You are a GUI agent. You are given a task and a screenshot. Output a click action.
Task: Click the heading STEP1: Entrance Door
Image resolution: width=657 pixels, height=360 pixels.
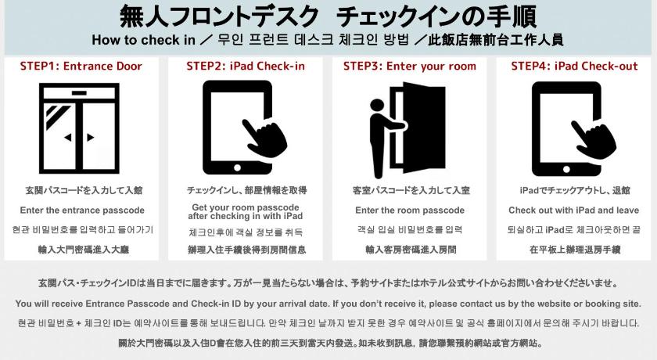pos(81,67)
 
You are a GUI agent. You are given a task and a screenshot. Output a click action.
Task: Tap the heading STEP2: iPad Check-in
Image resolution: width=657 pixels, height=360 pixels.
pos(246,67)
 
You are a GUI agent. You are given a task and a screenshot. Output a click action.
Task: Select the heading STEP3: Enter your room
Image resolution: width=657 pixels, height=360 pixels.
pos(410,67)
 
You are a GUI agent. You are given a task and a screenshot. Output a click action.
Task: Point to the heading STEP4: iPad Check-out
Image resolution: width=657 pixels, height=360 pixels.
pos(574,67)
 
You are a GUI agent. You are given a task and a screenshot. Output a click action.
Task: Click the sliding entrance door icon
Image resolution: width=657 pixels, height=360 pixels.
pos(79,128)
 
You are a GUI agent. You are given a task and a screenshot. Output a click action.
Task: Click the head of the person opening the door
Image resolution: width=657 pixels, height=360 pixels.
pos(377,105)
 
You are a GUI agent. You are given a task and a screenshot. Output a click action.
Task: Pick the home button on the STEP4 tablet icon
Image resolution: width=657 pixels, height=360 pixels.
pos(566,169)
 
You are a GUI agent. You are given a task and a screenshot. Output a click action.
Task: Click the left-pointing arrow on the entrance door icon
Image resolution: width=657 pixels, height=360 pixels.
pos(68,138)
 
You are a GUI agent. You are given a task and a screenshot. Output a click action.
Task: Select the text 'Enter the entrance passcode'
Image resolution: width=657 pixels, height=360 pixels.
pos(82,211)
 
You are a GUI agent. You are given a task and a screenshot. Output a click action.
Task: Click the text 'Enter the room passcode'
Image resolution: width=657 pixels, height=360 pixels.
pos(410,211)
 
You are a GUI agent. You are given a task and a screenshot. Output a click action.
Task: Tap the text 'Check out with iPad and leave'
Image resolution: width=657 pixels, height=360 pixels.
pos(573,211)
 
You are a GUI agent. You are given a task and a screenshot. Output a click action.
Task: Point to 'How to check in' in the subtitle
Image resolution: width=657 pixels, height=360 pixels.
pos(143,40)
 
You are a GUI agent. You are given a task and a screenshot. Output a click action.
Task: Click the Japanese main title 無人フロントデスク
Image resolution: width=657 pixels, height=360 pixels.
pos(219,16)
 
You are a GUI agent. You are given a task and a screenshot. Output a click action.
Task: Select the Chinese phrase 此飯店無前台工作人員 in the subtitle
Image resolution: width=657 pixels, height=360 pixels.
pos(496,40)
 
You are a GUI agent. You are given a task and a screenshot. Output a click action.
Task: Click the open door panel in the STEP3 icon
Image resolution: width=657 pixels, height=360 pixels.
pos(424,128)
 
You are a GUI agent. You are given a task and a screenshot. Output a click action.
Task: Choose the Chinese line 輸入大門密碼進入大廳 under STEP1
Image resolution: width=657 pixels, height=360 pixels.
pos(84,250)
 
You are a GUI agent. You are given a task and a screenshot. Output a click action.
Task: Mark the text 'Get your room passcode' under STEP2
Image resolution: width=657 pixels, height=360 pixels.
pos(246,207)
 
